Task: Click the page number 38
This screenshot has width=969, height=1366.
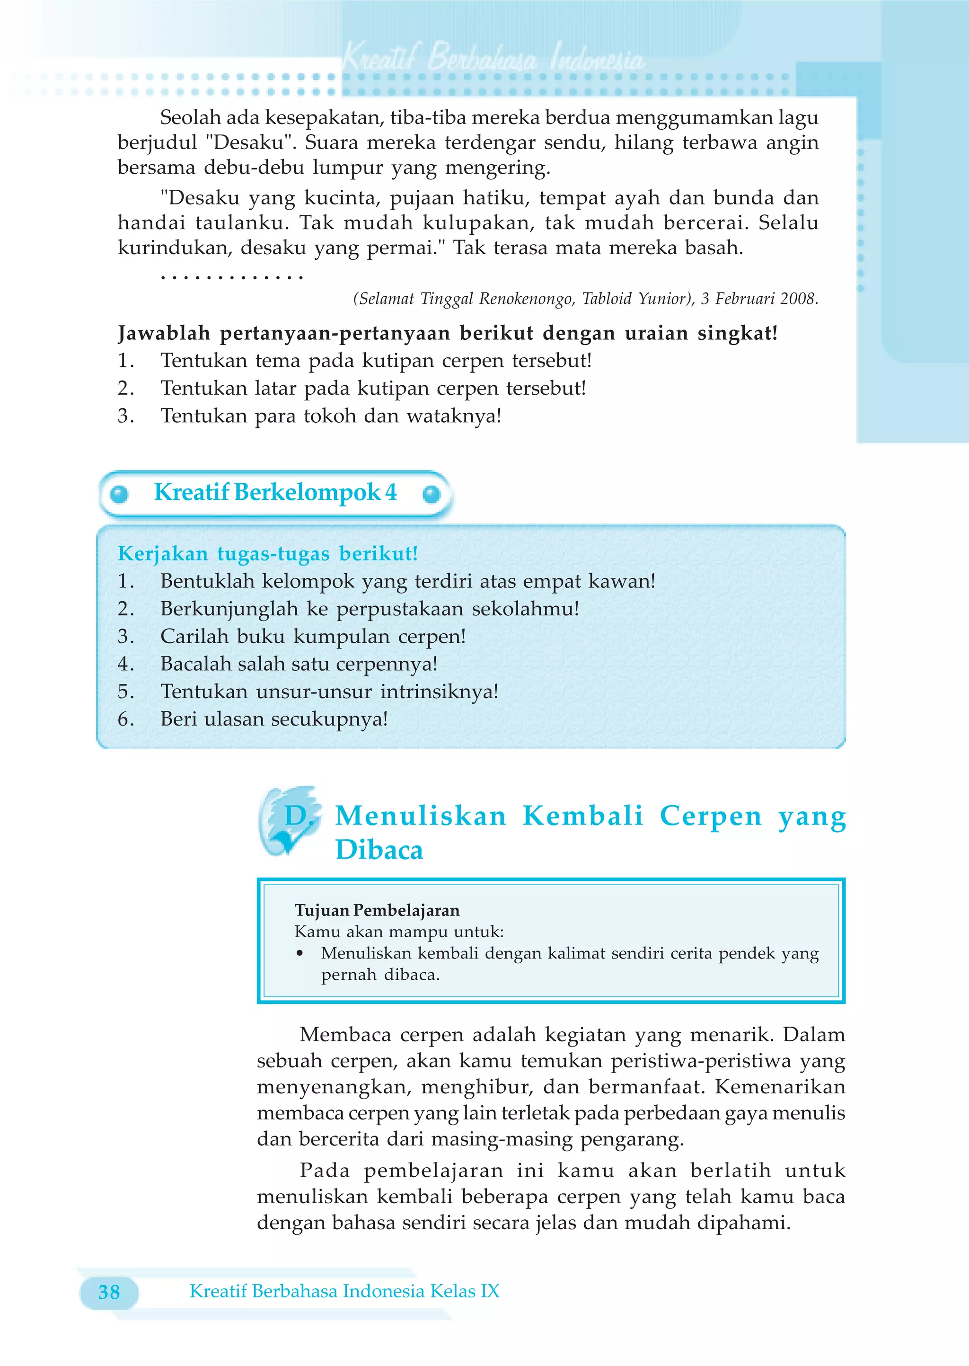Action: tap(109, 1292)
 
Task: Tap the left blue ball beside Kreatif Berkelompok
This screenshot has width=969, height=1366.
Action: tap(119, 494)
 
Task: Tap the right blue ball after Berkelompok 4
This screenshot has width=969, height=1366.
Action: tap(431, 494)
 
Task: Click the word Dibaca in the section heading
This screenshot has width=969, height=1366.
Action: tap(379, 850)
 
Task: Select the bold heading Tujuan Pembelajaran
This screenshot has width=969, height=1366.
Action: tap(377, 910)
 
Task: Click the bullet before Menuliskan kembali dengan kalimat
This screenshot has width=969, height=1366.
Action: tap(300, 954)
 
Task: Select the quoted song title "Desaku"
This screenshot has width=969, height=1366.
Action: tap(250, 142)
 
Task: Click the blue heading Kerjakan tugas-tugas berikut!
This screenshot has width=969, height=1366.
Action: tap(267, 553)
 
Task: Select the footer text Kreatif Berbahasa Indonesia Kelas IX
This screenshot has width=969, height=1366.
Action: tap(344, 1291)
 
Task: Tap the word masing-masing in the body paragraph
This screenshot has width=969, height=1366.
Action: tap(502, 1139)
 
